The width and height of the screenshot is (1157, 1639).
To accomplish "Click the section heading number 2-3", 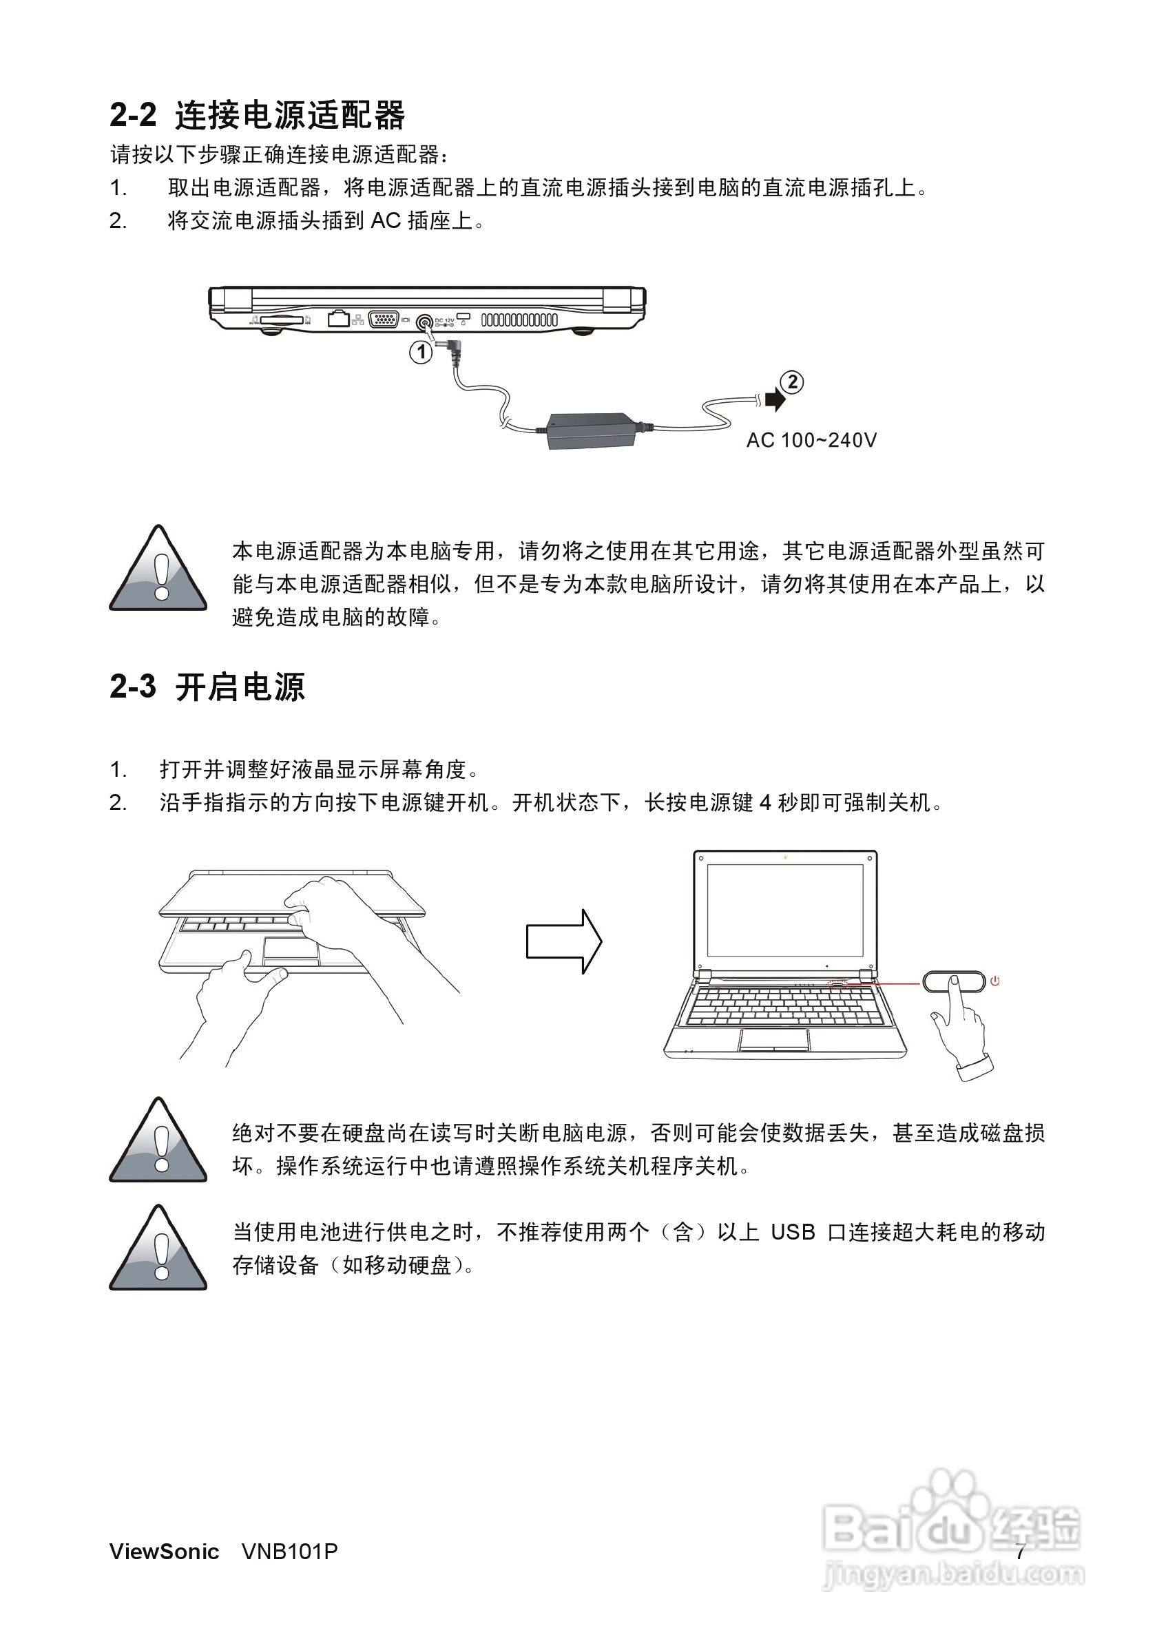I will pos(133,687).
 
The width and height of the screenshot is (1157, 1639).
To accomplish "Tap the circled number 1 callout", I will pos(421,351).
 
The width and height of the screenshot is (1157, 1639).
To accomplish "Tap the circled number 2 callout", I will pos(791,382).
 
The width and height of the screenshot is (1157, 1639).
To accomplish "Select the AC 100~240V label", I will pos(811,441).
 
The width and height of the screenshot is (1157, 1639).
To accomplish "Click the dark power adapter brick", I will pos(591,430).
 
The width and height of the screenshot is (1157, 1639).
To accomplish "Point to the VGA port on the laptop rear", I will pos(384,320).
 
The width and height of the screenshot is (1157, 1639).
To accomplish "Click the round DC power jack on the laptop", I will pos(426,322).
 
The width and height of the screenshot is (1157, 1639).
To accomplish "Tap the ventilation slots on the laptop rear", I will pos(519,320).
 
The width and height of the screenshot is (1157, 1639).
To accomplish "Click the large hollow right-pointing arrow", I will pos(564,941).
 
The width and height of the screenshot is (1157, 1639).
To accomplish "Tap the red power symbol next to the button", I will pos(995,981).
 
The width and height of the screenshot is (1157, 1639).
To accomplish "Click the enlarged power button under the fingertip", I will pos(954,981).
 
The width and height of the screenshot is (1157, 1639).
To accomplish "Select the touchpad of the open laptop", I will pos(773,1039).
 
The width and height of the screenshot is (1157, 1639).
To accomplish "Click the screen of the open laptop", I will pos(785,910).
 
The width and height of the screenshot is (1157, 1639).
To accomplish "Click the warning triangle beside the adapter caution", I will pos(158,571).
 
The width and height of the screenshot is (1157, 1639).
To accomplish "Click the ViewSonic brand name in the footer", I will pos(164,1551).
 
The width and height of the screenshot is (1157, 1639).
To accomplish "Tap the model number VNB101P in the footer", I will pos(289,1551).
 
